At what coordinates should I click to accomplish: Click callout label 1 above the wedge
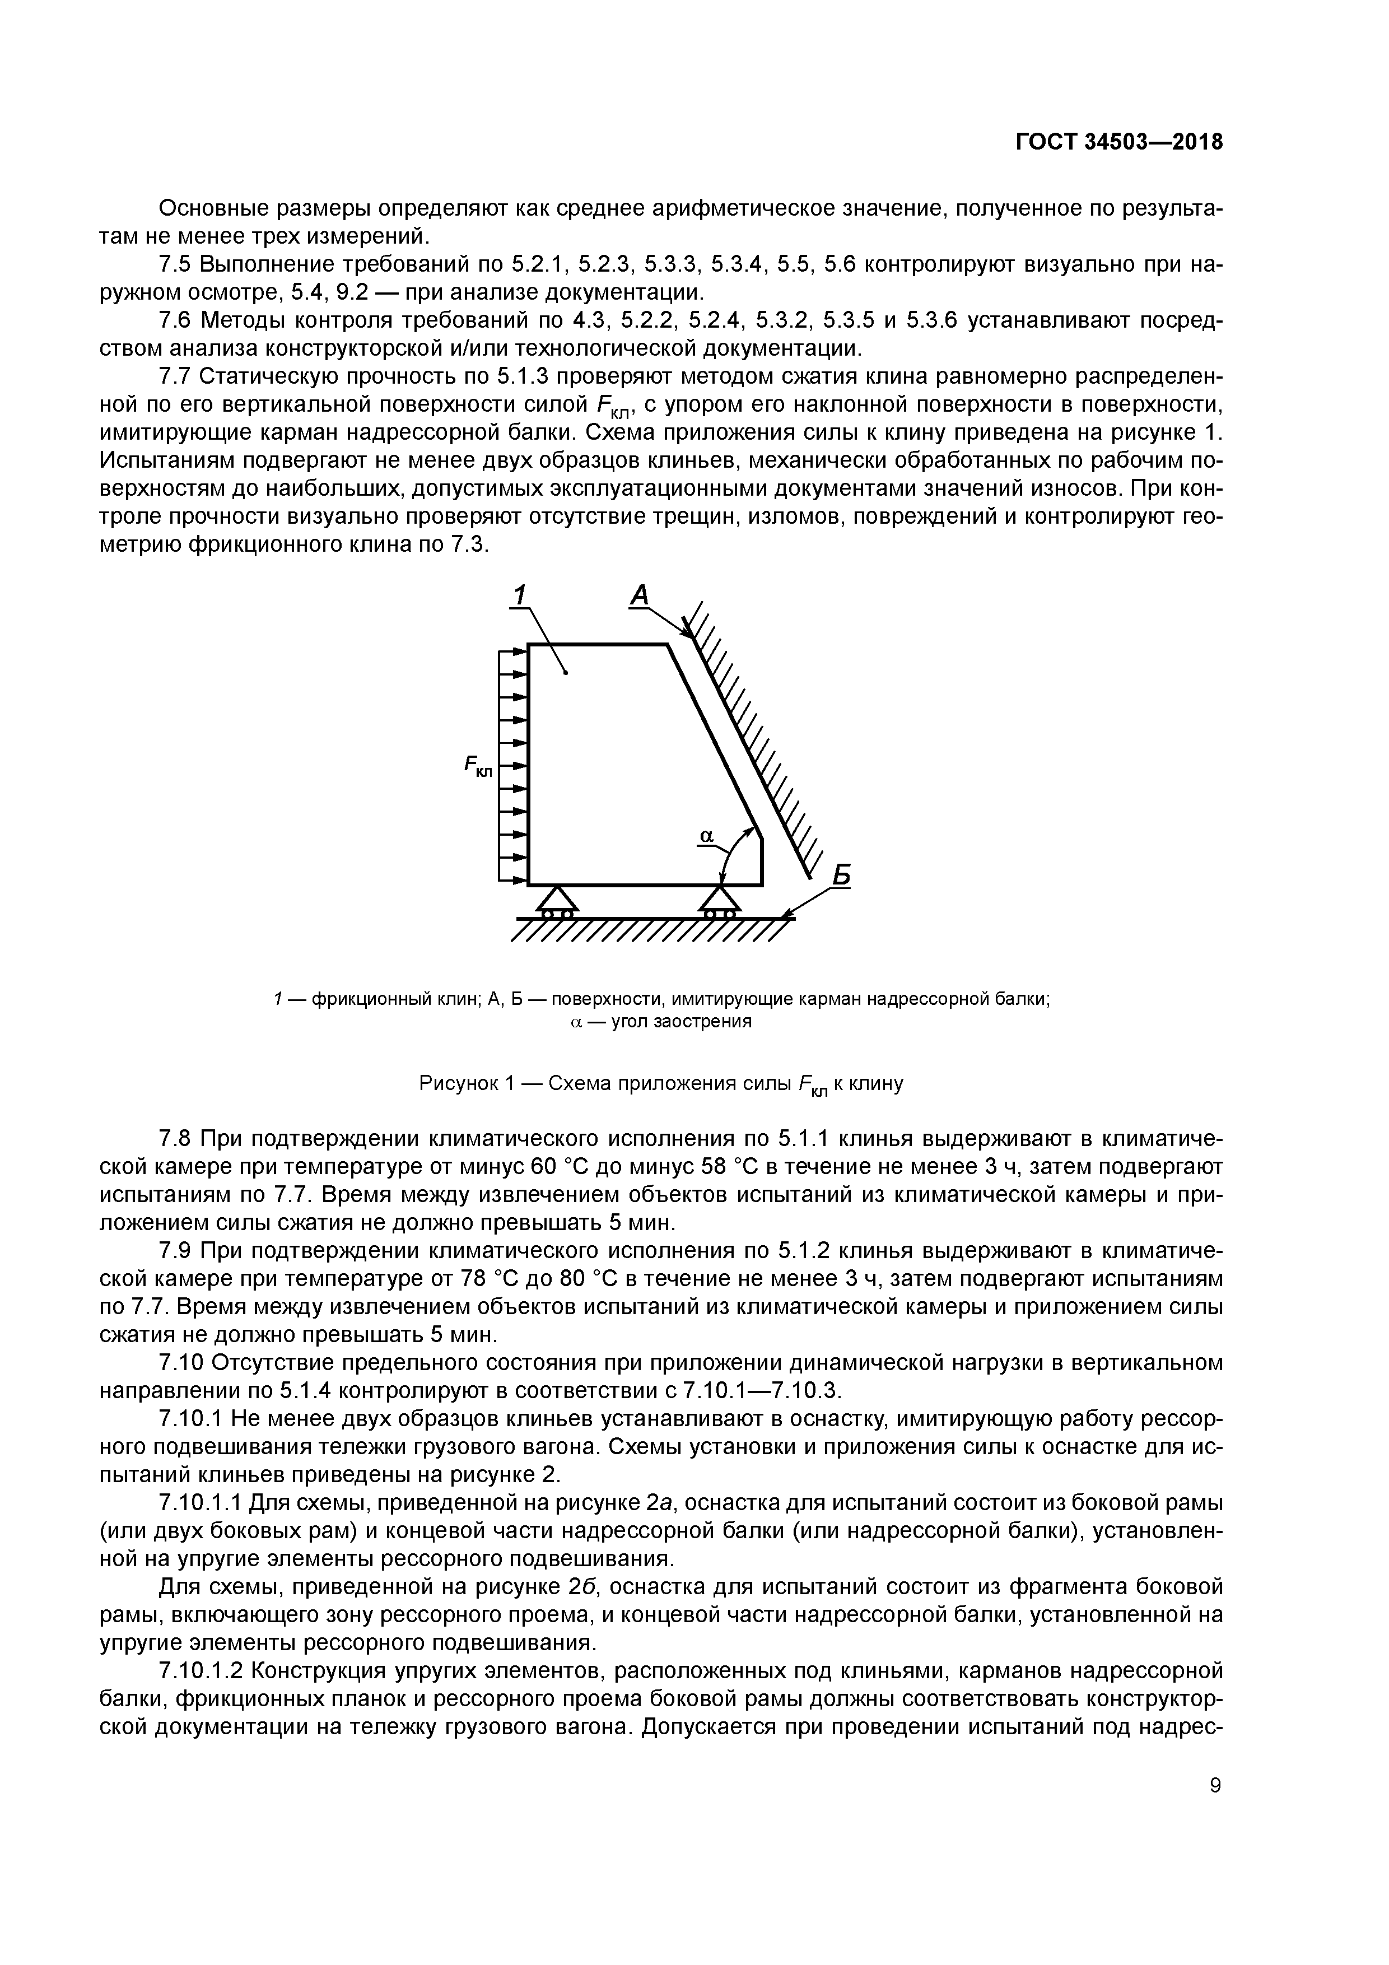(x=520, y=594)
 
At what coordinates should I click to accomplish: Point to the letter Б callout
(x=842, y=874)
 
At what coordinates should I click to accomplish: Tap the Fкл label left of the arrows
(x=478, y=766)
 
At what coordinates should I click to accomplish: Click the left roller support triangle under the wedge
(x=557, y=900)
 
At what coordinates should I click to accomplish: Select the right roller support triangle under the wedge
(x=720, y=900)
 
